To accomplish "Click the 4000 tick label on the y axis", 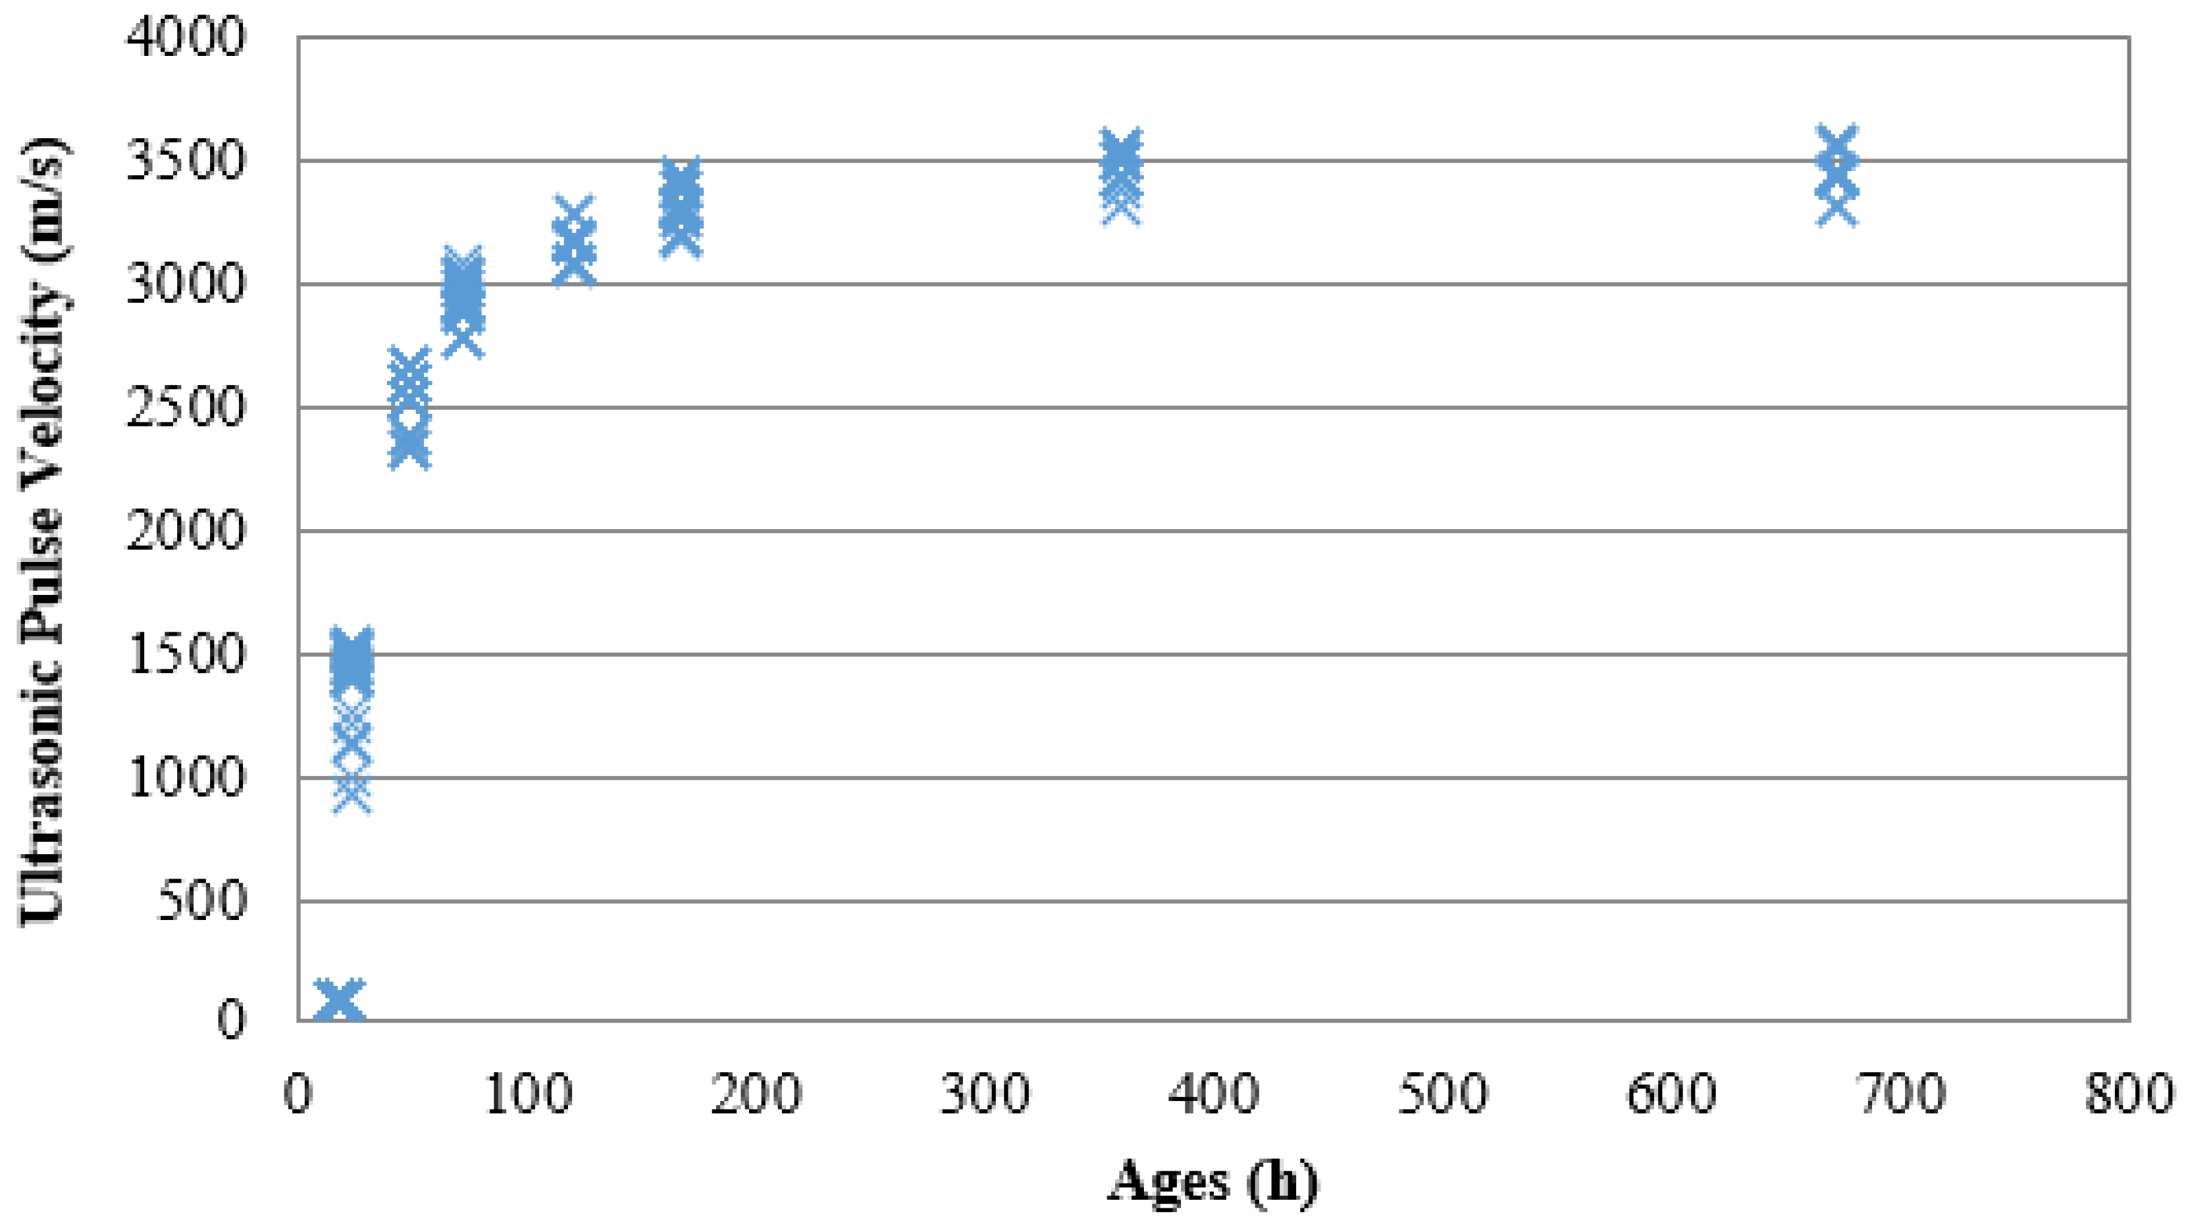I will (x=185, y=38).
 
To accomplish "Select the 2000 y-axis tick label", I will (x=185, y=532).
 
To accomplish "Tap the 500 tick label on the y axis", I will (x=201, y=901).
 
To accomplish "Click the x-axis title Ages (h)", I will (x=1213, y=1181).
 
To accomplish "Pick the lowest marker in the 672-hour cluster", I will (x=1837, y=208).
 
